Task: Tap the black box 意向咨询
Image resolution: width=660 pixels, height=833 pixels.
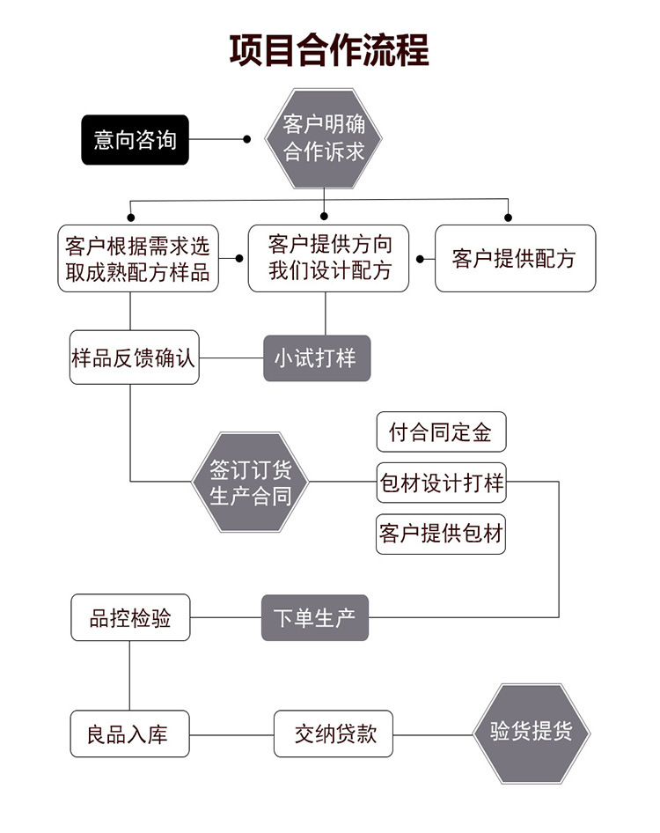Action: [135, 139]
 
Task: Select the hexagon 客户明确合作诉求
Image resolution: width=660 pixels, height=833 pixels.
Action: [324, 137]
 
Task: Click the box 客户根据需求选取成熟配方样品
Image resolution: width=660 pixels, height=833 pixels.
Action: [138, 259]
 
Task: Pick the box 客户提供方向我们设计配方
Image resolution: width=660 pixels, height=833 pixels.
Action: [329, 258]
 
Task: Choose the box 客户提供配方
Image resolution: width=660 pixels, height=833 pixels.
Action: [515, 259]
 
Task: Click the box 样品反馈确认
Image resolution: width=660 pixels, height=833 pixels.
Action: [134, 358]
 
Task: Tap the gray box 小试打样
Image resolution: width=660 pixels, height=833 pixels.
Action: [317, 358]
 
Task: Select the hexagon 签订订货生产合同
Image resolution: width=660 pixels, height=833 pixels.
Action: [251, 482]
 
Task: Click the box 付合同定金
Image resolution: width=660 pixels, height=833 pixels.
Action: [441, 432]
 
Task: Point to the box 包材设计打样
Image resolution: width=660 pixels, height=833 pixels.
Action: [441, 483]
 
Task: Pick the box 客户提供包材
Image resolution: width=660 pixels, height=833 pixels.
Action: [441, 534]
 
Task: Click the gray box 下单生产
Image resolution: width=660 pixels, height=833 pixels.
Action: [314, 618]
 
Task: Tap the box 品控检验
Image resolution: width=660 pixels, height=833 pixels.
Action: [130, 618]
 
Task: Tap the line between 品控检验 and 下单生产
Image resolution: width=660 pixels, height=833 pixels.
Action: [225, 618]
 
